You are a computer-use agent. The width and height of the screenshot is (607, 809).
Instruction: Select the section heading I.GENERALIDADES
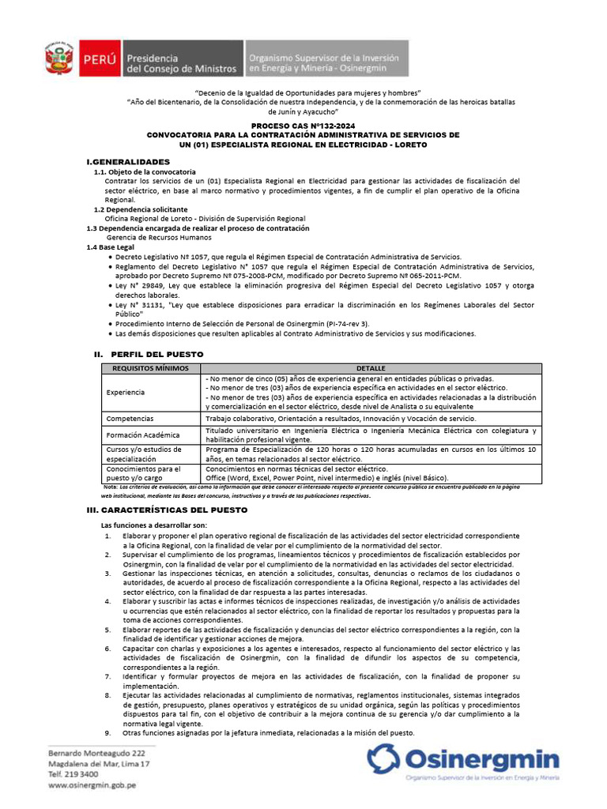point(128,161)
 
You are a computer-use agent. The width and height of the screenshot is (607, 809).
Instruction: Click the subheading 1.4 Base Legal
point(110,247)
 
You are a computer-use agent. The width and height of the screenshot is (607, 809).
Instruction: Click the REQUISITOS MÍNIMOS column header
point(150,369)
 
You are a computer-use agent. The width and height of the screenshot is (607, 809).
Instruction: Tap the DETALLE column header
point(371,369)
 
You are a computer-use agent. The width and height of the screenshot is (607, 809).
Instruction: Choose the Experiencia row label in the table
point(126,392)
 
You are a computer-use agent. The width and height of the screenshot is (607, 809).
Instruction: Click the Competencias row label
point(130,418)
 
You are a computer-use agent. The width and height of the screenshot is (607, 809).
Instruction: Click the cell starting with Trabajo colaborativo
point(341,418)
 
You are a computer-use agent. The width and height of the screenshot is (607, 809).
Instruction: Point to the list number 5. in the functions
point(108,630)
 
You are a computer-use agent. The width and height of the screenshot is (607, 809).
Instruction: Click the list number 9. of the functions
point(108,732)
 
